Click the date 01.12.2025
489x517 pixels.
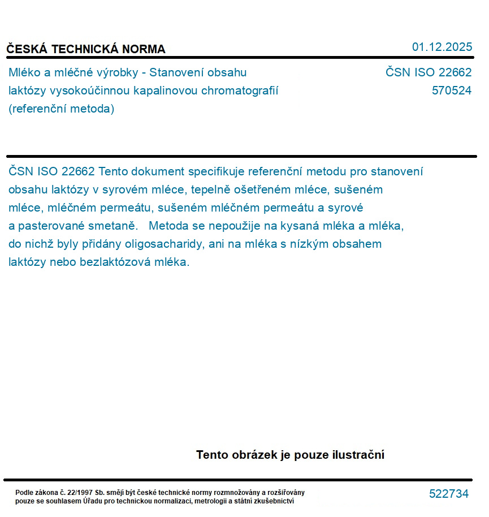pyautogui.click(x=442, y=47)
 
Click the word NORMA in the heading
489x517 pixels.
pyautogui.click(x=143, y=49)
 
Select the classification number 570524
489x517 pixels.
pyautogui.click(x=451, y=91)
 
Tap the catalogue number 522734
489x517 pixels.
pyautogui.click(x=448, y=494)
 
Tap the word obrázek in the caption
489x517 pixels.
pyautogui.click(x=252, y=455)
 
